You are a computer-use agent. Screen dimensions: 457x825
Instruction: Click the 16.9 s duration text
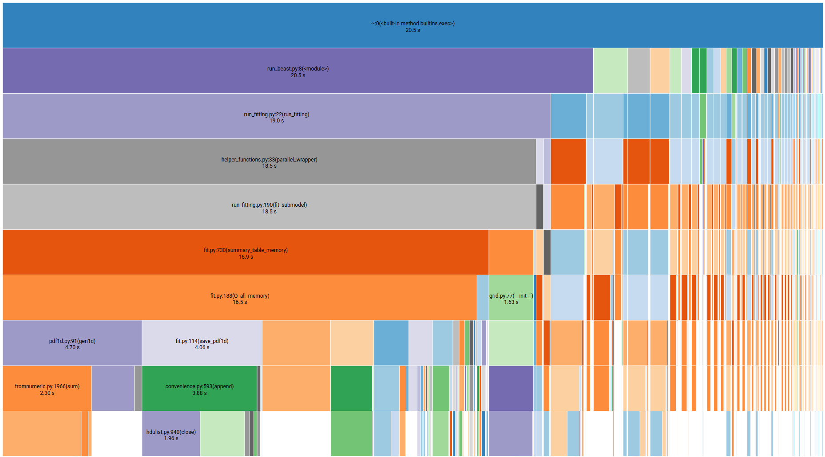[246, 257]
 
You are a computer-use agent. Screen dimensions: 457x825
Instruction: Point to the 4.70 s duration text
[72, 347]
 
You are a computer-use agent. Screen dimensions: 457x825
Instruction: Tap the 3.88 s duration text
[199, 393]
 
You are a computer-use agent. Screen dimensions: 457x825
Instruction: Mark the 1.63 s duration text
[511, 302]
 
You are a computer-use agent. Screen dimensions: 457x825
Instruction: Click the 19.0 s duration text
[277, 121]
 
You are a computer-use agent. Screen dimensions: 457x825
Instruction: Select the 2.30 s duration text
[47, 393]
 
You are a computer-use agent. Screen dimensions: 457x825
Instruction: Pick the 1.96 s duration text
[171, 438]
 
